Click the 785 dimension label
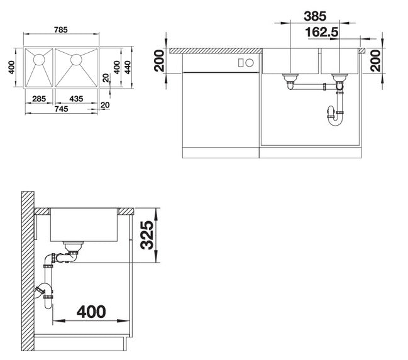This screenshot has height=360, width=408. pyautogui.click(x=61, y=30)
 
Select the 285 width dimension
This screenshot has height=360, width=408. pyautogui.click(x=39, y=99)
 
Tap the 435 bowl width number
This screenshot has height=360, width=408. pyautogui.click(x=76, y=99)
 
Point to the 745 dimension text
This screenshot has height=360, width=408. pyautogui.click(x=62, y=109)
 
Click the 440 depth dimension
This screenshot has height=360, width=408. pyautogui.click(x=128, y=67)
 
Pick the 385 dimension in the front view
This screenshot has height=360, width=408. pyautogui.click(x=315, y=16)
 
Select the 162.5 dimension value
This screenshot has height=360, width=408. pyautogui.click(x=322, y=32)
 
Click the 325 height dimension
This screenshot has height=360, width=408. pyautogui.click(x=147, y=235)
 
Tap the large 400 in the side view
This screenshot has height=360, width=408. pyautogui.click(x=91, y=312)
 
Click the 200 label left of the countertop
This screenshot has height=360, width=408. pyautogui.click(x=159, y=61)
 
